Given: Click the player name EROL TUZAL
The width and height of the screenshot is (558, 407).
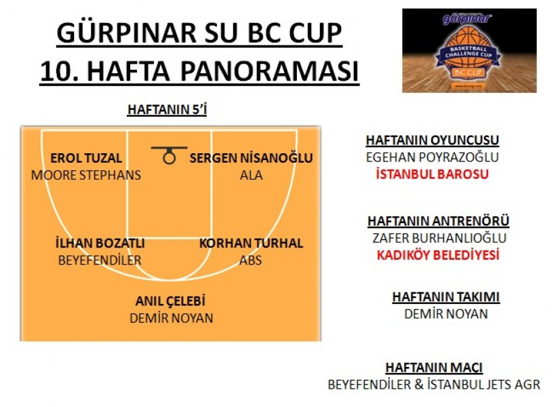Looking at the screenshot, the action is [86, 158].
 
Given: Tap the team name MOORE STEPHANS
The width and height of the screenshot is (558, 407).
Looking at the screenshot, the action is [86, 175].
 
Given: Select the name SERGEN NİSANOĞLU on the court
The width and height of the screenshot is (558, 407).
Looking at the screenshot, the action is [251, 158].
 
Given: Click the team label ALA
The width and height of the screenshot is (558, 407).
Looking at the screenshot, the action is [252, 175].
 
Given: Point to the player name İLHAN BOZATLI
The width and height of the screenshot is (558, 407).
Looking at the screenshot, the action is [100, 243].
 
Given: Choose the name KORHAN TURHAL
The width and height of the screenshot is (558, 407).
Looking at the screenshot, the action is [251, 244].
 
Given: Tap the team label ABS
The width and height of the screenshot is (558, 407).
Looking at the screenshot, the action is [251, 260].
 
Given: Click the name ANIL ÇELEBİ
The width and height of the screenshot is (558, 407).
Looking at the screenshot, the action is [170, 301].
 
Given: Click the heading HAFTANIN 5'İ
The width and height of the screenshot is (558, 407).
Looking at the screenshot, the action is [167, 109].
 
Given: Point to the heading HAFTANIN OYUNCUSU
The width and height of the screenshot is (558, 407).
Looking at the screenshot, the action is [433, 140].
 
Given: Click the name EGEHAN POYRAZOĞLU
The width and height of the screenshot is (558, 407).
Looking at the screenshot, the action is [433, 157].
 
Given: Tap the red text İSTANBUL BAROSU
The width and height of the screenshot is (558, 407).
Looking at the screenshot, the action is [433, 174].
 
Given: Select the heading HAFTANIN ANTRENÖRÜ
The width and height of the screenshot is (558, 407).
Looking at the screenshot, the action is [439, 220].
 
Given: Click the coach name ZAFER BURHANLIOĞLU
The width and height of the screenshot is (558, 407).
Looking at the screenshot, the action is [439, 238].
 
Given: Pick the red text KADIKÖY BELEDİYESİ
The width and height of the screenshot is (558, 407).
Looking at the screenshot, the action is [438, 255].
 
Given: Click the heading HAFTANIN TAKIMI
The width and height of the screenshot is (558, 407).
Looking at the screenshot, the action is [446, 296].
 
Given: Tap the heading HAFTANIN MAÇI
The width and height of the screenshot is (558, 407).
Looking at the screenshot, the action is [434, 368].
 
